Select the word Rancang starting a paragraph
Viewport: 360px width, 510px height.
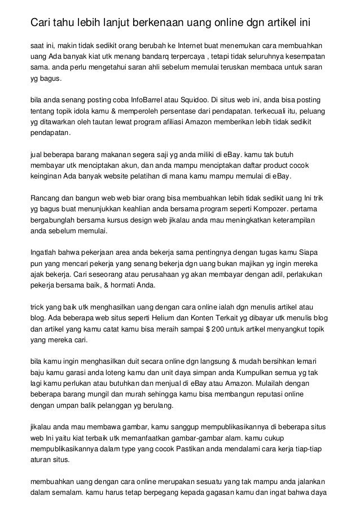click(x=44, y=197)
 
